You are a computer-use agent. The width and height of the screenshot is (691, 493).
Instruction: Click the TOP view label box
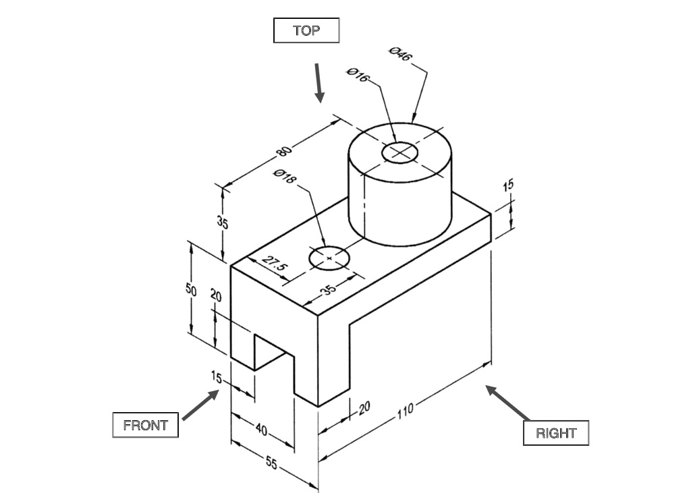click(306, 30)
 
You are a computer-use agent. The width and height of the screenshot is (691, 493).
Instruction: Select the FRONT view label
click(145, 426)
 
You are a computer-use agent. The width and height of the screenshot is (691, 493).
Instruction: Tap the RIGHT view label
click(556, 433)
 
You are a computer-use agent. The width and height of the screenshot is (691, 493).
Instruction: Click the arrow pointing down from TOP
click(319, 83)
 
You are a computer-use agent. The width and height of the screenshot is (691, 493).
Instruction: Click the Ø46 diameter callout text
click(400, 54)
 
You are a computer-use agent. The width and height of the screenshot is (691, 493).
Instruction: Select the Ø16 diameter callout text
click(358, 74)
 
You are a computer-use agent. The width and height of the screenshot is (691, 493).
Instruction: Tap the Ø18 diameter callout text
click(285, 176)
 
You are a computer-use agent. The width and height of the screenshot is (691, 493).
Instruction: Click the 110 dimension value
click(405, 410)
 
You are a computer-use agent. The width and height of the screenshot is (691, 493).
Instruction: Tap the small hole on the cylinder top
click(400, 153)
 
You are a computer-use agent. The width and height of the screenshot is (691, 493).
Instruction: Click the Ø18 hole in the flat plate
click(329, 257)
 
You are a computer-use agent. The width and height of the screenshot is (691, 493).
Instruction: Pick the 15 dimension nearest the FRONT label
click(216, 377)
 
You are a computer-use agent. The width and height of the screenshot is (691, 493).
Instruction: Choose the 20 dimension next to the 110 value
click(364, 407)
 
